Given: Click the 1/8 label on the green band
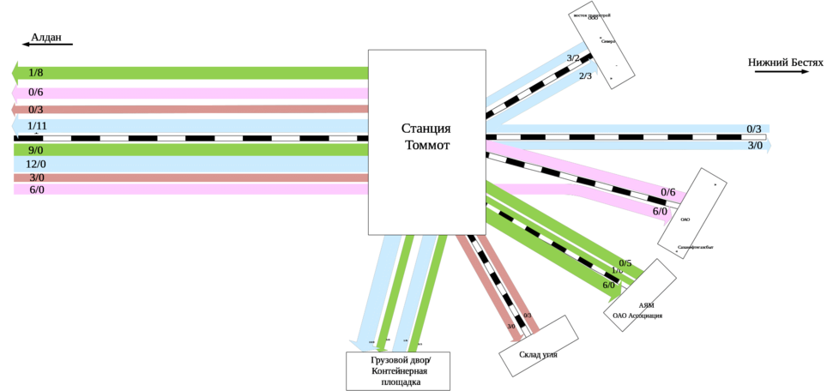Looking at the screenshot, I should (36, 73).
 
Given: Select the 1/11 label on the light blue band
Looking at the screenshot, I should (38, 127).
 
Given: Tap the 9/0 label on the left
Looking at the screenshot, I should (36, 150).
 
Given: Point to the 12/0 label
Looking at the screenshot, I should (36, 164).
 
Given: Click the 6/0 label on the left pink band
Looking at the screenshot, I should (36, 189).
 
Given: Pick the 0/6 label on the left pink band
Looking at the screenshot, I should (36, 93).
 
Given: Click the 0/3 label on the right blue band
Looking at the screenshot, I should (754, 129).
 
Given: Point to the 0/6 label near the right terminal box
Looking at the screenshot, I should (668, 192).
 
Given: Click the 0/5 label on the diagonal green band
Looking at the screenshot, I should (625, 263).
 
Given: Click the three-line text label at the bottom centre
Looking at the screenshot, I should (401, 370).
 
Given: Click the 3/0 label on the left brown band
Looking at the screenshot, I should (36, 177).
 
